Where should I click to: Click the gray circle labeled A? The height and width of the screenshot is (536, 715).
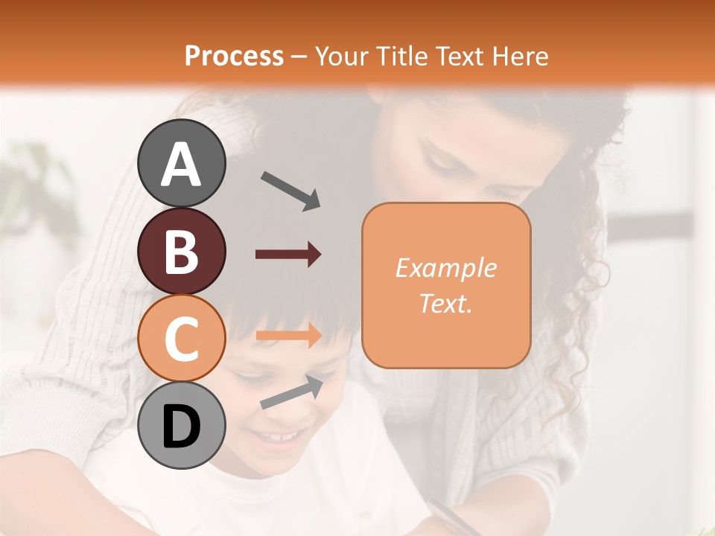tap(182, 163)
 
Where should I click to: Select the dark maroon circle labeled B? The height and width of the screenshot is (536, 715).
tap(182, 251)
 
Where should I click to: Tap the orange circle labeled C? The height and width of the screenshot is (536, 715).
tap(182, 338)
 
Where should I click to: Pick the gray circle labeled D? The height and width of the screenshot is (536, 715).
tap(182, 425)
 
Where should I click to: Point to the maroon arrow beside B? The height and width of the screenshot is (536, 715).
tap(288, 255)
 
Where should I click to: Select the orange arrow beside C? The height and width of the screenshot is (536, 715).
tap(288, 336)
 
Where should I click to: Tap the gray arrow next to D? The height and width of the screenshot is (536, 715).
tap(291, 392)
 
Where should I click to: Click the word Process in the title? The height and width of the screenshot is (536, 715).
tap(234, 56)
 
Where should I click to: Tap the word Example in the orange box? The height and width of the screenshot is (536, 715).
tap(445, 268)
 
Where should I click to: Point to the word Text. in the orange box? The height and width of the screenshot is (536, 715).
tap(445, 303)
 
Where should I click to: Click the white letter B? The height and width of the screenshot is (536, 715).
tap(182, 252)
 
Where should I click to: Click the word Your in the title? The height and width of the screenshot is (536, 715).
tap(340, 56)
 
